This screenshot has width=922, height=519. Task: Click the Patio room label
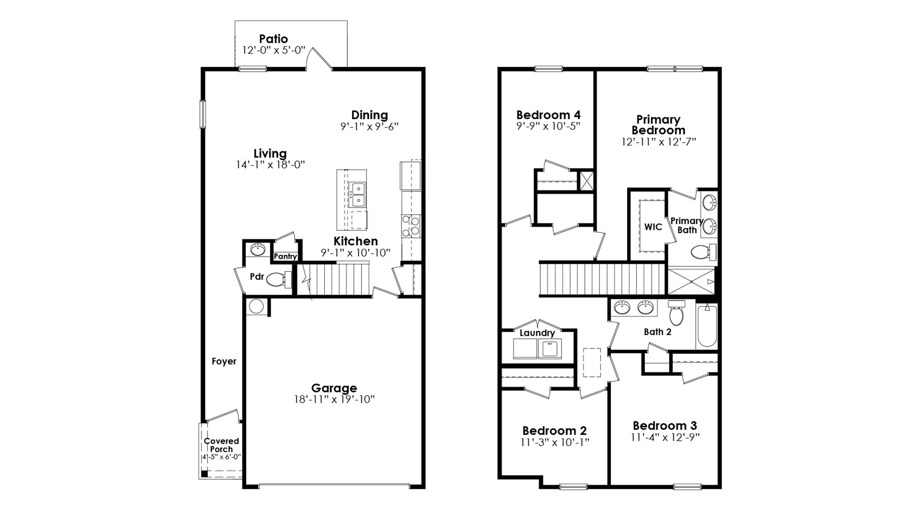(273, 39)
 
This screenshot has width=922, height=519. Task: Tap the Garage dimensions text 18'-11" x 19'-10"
(334, 399)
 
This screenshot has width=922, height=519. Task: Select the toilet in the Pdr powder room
(278, 279)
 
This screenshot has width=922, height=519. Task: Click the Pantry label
(285, 257)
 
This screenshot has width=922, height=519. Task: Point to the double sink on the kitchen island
(357, 195)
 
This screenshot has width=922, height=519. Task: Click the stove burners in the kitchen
(411, 226)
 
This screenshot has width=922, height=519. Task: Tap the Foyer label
(224, 361)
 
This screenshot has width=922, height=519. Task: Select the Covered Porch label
(221, 445)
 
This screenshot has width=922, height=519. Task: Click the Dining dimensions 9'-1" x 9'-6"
(369, 127)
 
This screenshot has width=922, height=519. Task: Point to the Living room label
(270, 154)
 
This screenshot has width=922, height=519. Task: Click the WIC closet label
(653, 227)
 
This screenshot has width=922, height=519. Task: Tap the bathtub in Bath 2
(707, 326)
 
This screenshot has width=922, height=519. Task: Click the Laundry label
(537, 333)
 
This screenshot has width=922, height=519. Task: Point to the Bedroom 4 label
(548, 115)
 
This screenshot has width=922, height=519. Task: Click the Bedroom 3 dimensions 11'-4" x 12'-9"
(665, 437)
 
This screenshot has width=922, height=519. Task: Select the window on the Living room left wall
(203, 114)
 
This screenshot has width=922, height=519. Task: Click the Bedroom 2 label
(554, 431)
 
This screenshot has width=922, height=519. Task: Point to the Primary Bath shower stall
(691, 281)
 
